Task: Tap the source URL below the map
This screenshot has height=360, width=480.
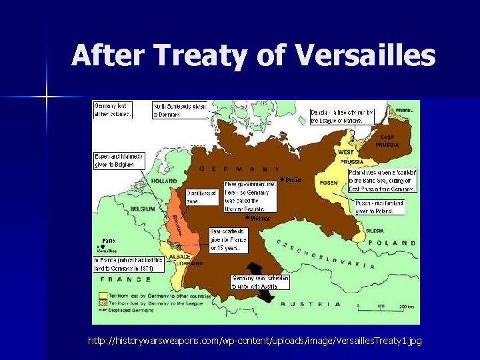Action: pos(255,341)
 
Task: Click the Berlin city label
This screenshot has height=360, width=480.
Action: pos(292,179)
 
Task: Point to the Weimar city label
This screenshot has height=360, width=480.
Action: pos(260,218)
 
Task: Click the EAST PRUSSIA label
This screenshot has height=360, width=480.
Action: pos(387,141)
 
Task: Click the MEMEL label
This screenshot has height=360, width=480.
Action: pos(404,111)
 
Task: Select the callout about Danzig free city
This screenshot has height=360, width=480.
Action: pos(342,116)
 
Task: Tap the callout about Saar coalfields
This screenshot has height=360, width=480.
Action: pos(228,239)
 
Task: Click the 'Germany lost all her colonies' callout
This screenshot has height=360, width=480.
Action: pos(113,109)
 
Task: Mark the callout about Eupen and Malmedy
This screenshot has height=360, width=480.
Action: pos(118,160)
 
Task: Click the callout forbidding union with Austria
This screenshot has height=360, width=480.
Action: pos(260,281)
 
